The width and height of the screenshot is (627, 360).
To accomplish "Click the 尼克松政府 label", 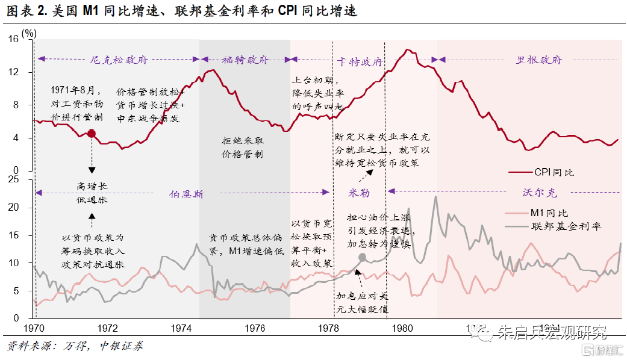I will [119, 60].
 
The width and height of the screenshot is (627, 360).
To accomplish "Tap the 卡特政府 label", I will [360, 62].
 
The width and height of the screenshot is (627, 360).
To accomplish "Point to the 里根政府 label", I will [539, 60].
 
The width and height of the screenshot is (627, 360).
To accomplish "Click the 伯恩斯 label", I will [186, 194].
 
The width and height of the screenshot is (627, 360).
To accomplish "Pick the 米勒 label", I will [360, 193].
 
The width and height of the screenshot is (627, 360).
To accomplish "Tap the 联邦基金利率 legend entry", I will [566, 226].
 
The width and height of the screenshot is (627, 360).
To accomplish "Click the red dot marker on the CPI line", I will [92, 133].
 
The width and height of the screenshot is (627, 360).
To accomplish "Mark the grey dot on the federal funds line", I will [362, 258].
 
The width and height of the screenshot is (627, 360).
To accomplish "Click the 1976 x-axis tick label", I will [255, 329].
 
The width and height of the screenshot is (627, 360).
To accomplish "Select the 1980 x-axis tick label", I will [402, 329].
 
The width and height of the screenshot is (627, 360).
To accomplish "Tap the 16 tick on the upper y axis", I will [13, 39].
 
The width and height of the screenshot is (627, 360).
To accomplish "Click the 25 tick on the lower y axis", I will [13, 180].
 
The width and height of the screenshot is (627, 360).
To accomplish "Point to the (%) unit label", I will [29, 34].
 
